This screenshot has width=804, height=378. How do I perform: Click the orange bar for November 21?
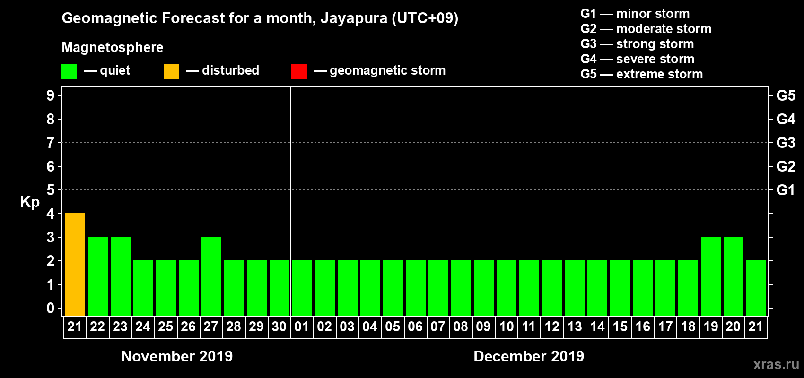75,264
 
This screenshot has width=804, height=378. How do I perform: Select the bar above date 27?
211,276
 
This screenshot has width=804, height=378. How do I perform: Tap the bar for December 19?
711,276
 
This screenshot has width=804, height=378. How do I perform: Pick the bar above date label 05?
393,288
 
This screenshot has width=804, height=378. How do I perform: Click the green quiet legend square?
69,71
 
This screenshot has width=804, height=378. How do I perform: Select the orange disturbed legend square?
171,71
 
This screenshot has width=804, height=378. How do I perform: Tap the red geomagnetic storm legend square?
299,71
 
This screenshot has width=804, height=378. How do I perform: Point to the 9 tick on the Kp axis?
51,95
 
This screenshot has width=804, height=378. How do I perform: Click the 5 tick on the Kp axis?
51,190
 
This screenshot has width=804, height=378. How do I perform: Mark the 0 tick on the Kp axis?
51,308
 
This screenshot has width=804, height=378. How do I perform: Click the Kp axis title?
30,202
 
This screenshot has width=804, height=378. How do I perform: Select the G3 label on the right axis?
786,143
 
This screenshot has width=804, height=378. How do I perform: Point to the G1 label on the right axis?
786,190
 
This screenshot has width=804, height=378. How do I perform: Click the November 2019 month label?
177,356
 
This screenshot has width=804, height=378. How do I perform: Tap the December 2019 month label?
529,356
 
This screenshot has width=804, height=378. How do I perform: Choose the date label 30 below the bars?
279,326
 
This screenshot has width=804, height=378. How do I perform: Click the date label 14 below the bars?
597,326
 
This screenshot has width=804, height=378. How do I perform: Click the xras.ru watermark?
776,364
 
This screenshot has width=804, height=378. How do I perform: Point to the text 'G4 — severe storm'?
637,59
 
